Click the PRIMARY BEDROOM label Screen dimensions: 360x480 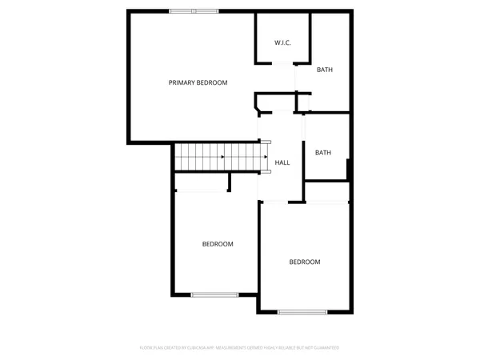click(x=198, y=82)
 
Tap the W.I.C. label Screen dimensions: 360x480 click(x=282, y=42)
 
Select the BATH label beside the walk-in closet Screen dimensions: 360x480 click(x=324, y=70)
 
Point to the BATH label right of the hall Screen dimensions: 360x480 click(x=322, y=153)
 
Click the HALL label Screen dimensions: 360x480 click(x=282, y=163)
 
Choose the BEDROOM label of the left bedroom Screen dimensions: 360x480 click(x=218, y=244)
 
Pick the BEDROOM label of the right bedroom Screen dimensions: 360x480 click(x=304, y=262)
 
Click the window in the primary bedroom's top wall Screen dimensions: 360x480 click(x=194, y=10)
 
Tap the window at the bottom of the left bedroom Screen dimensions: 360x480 click(x=214, y=294)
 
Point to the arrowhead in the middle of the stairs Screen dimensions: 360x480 click(x=222, y=157)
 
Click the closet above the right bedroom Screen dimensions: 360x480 click(x=326, y=192)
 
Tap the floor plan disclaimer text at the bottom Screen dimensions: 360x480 click(x=240, y=347)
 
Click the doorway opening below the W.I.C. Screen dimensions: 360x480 click(x=282, y=63)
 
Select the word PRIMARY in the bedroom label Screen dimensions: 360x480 click(x=182, y=82)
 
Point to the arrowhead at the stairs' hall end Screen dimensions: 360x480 click(x=265, y=157)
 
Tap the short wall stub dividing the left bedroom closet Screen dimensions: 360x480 click(x=230, y=183)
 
